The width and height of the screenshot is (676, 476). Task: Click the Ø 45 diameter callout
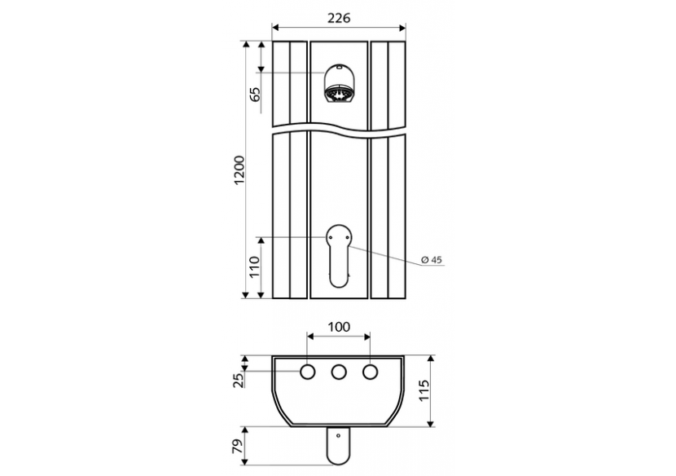point(431,259)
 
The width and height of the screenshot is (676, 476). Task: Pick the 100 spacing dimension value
point(338,327)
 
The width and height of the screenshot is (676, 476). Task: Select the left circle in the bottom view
point(308,372)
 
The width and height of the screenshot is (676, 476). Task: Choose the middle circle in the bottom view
point(338,372)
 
